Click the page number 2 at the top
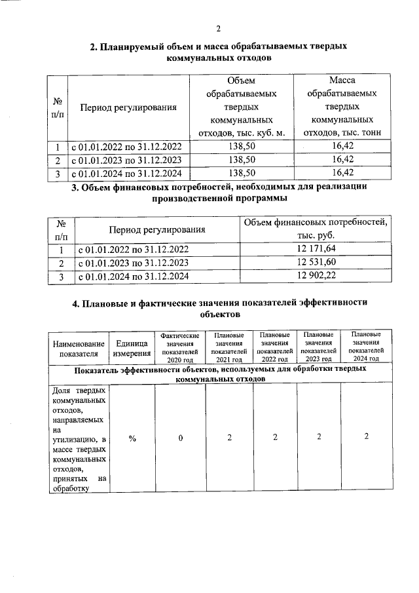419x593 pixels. point(219,28)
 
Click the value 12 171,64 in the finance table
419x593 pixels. point(316,248)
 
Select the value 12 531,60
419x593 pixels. point(316,263)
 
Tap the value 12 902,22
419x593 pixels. point(316,277)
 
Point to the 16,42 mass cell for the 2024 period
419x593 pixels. point(343,173)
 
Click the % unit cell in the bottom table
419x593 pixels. point(132,438)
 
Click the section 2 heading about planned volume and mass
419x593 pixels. point(219,52)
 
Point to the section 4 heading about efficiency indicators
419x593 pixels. point(219,308)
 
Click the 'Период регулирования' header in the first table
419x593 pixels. point(128,107)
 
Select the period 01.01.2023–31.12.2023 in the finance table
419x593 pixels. point(134,263)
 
